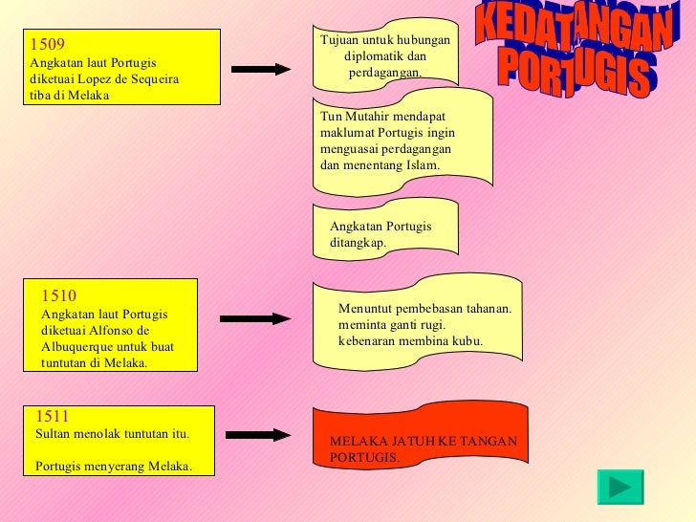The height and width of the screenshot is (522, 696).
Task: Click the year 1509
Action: click(x=48, y=44)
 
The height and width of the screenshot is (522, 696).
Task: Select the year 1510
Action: click(x=60, y=295)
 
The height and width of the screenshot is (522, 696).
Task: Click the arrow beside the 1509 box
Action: click(x=260, y=69)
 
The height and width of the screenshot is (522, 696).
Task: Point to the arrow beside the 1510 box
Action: click(x=255, y=319)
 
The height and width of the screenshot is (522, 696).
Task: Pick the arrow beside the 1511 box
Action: click(x=259, y=435)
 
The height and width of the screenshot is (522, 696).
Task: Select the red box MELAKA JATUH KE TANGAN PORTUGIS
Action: click(x=422, y=447)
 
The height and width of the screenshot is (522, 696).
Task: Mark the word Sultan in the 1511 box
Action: click(x=53, y=434)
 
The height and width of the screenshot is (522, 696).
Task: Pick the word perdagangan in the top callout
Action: click(x=386, y=73)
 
